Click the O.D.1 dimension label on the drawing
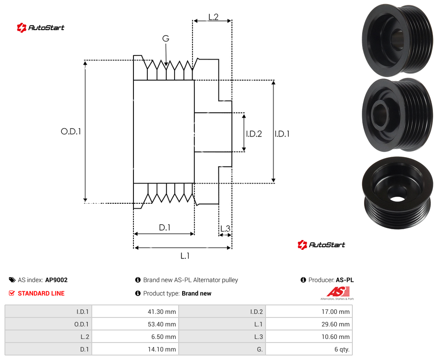click(71, 131)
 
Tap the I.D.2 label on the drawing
click(254, 134)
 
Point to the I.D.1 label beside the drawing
click(282, 134)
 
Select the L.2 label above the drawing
click(213, 17)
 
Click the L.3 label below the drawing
click(225, 229)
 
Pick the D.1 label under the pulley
click(164, 227)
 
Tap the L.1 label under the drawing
click(185, 256)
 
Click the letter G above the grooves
click(166, 39)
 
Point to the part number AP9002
click(56, 280)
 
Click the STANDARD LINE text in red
click(41, 293)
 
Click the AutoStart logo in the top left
click(41, 28)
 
